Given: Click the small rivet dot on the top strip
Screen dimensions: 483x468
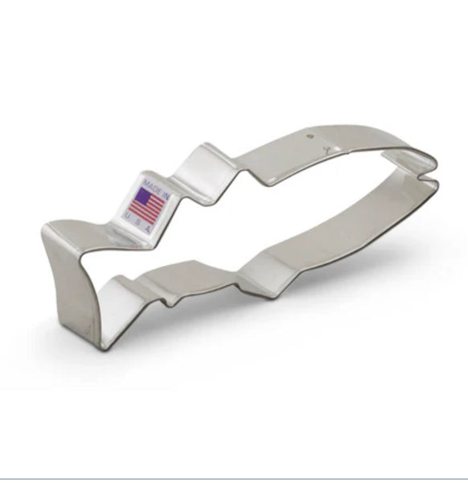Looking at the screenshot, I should click(x=313, y=137).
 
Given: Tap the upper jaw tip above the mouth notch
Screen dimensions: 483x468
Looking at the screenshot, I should click(x=435, y=168).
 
